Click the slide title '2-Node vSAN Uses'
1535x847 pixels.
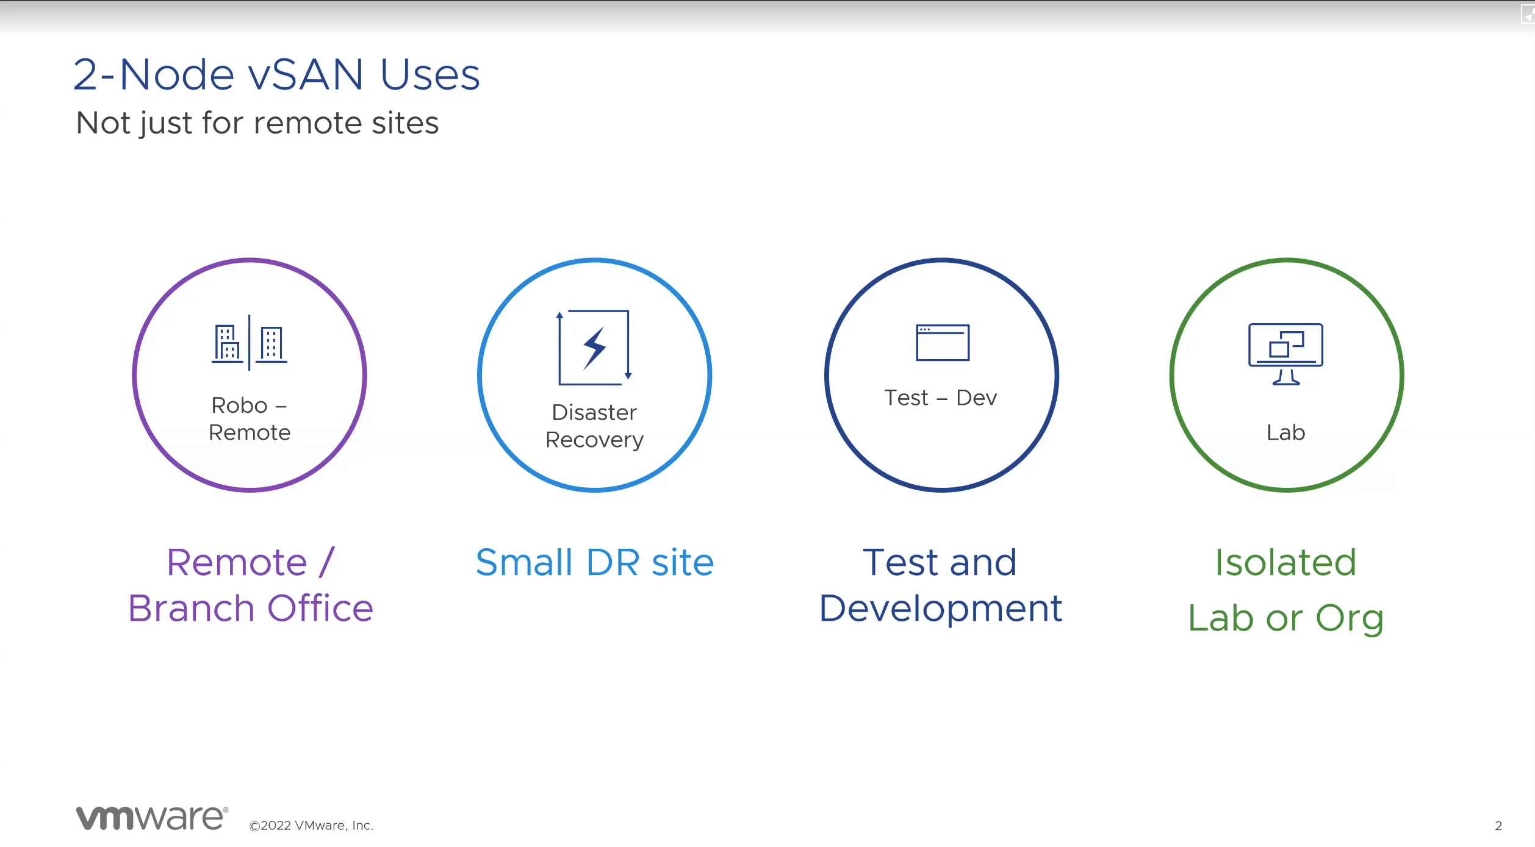pos(276,74)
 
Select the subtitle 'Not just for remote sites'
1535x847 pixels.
pos(257,123)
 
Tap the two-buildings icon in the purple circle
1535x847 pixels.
pos(249,343)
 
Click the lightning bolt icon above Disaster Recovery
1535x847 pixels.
pos(594,348)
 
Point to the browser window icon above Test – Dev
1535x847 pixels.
pos(942,343)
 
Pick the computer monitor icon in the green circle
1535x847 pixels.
pos(1285,354)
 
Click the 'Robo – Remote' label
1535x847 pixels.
pos(250,419)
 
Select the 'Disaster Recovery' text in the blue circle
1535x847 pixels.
pos(594,426)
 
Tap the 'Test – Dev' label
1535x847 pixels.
pos(941,398)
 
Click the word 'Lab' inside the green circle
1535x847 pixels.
pos(1285,432)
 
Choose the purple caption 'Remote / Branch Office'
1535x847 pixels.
pos(250,585)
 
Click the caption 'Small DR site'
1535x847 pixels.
pos(594,562)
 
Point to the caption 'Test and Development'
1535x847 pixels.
pos(941,585)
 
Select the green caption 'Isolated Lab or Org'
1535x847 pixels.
pos(1285,590)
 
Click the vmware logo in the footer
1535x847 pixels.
pos(152,818)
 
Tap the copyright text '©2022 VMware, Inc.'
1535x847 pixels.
pos(311,826)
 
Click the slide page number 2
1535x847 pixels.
pos(1498,826)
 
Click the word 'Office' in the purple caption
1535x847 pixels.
pos(320,608)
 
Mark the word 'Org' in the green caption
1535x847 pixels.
pos(1350,619)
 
